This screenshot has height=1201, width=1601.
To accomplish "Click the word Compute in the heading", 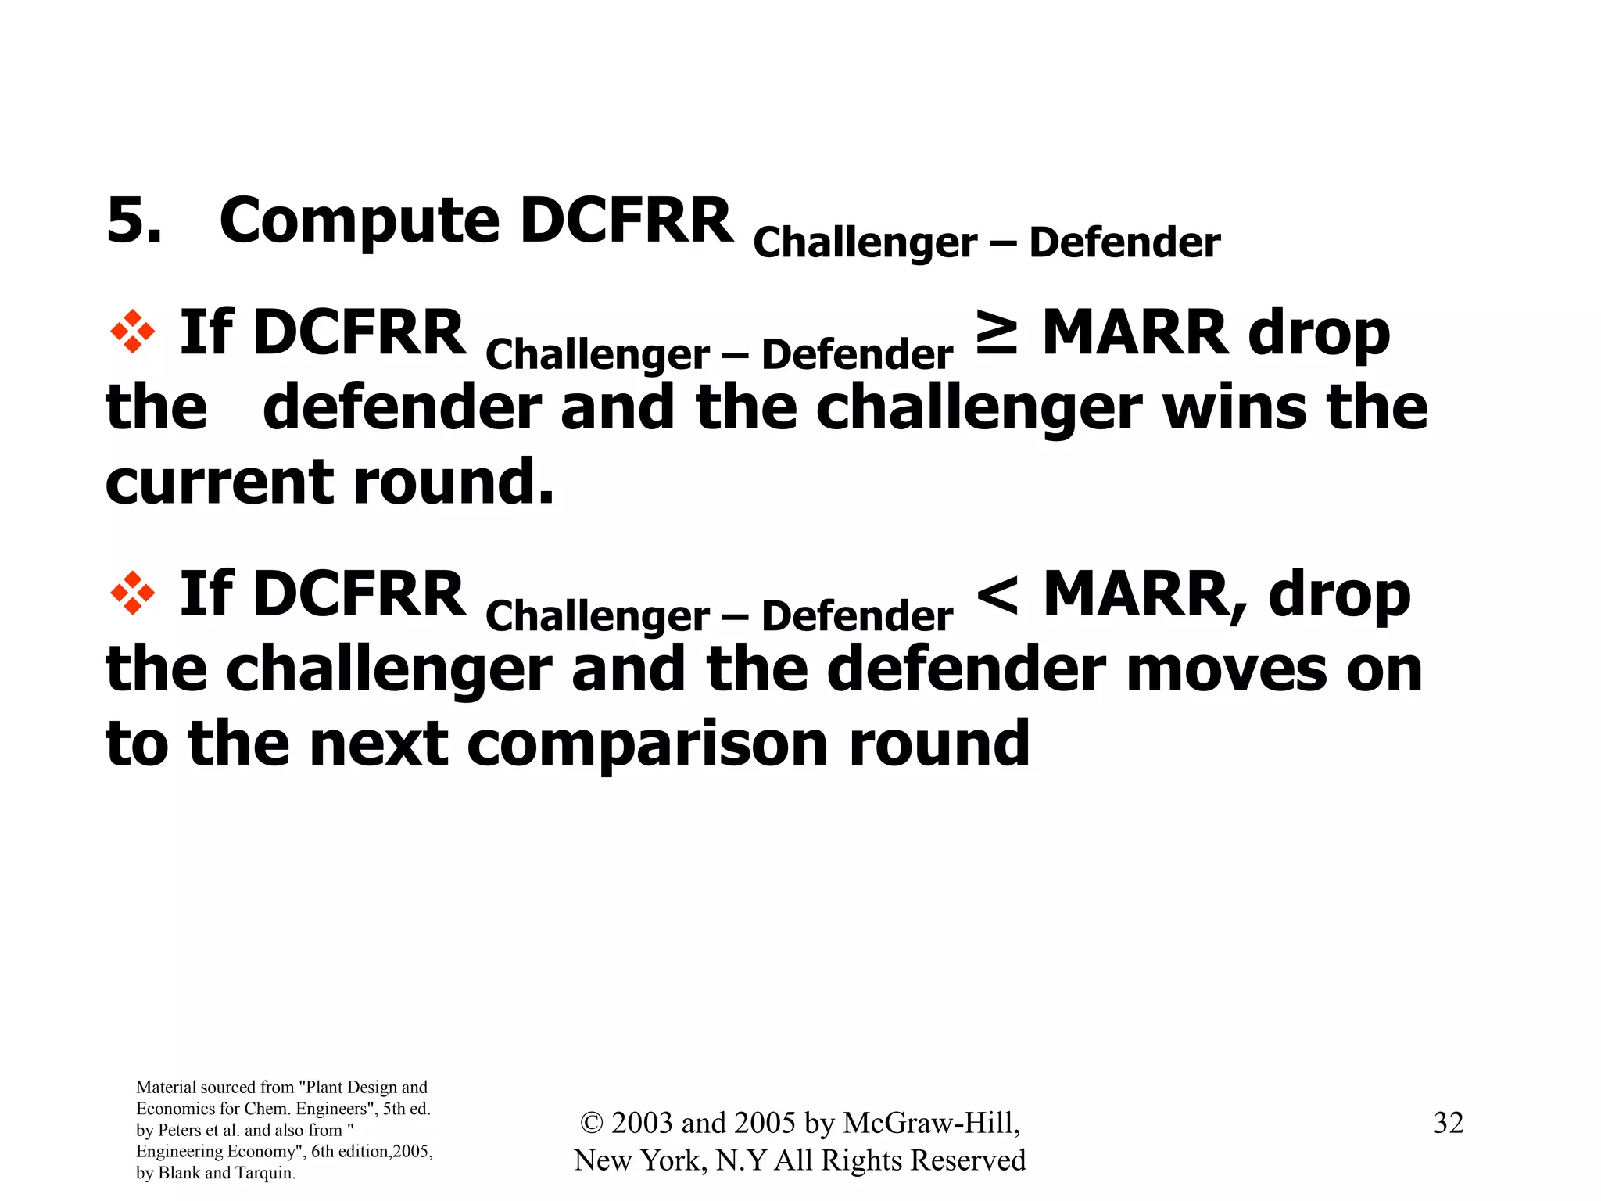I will (x=359, y=222).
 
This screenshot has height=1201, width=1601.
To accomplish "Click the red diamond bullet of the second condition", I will (x=132, y=593).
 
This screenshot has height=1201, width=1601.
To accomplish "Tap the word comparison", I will (x=647, y=744).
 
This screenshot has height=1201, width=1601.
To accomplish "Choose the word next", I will (x=378, y=744).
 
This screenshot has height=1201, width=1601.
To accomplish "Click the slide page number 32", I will (x=1448, y=1123).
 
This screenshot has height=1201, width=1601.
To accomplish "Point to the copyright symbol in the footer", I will (x=592, y=1123).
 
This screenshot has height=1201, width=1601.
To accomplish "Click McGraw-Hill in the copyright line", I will (x=931, y=1123).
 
